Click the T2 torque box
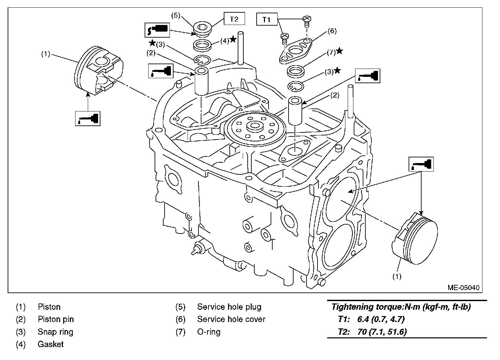click(234, 19)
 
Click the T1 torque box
click(266, 20)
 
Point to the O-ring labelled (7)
click(297, 71)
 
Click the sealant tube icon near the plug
click(157, 30)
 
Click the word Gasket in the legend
click(51, 344)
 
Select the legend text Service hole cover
click(231, 319)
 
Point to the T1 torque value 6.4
click(363, 319)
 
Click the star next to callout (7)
click(339, 51)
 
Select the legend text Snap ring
click(56, 332)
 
